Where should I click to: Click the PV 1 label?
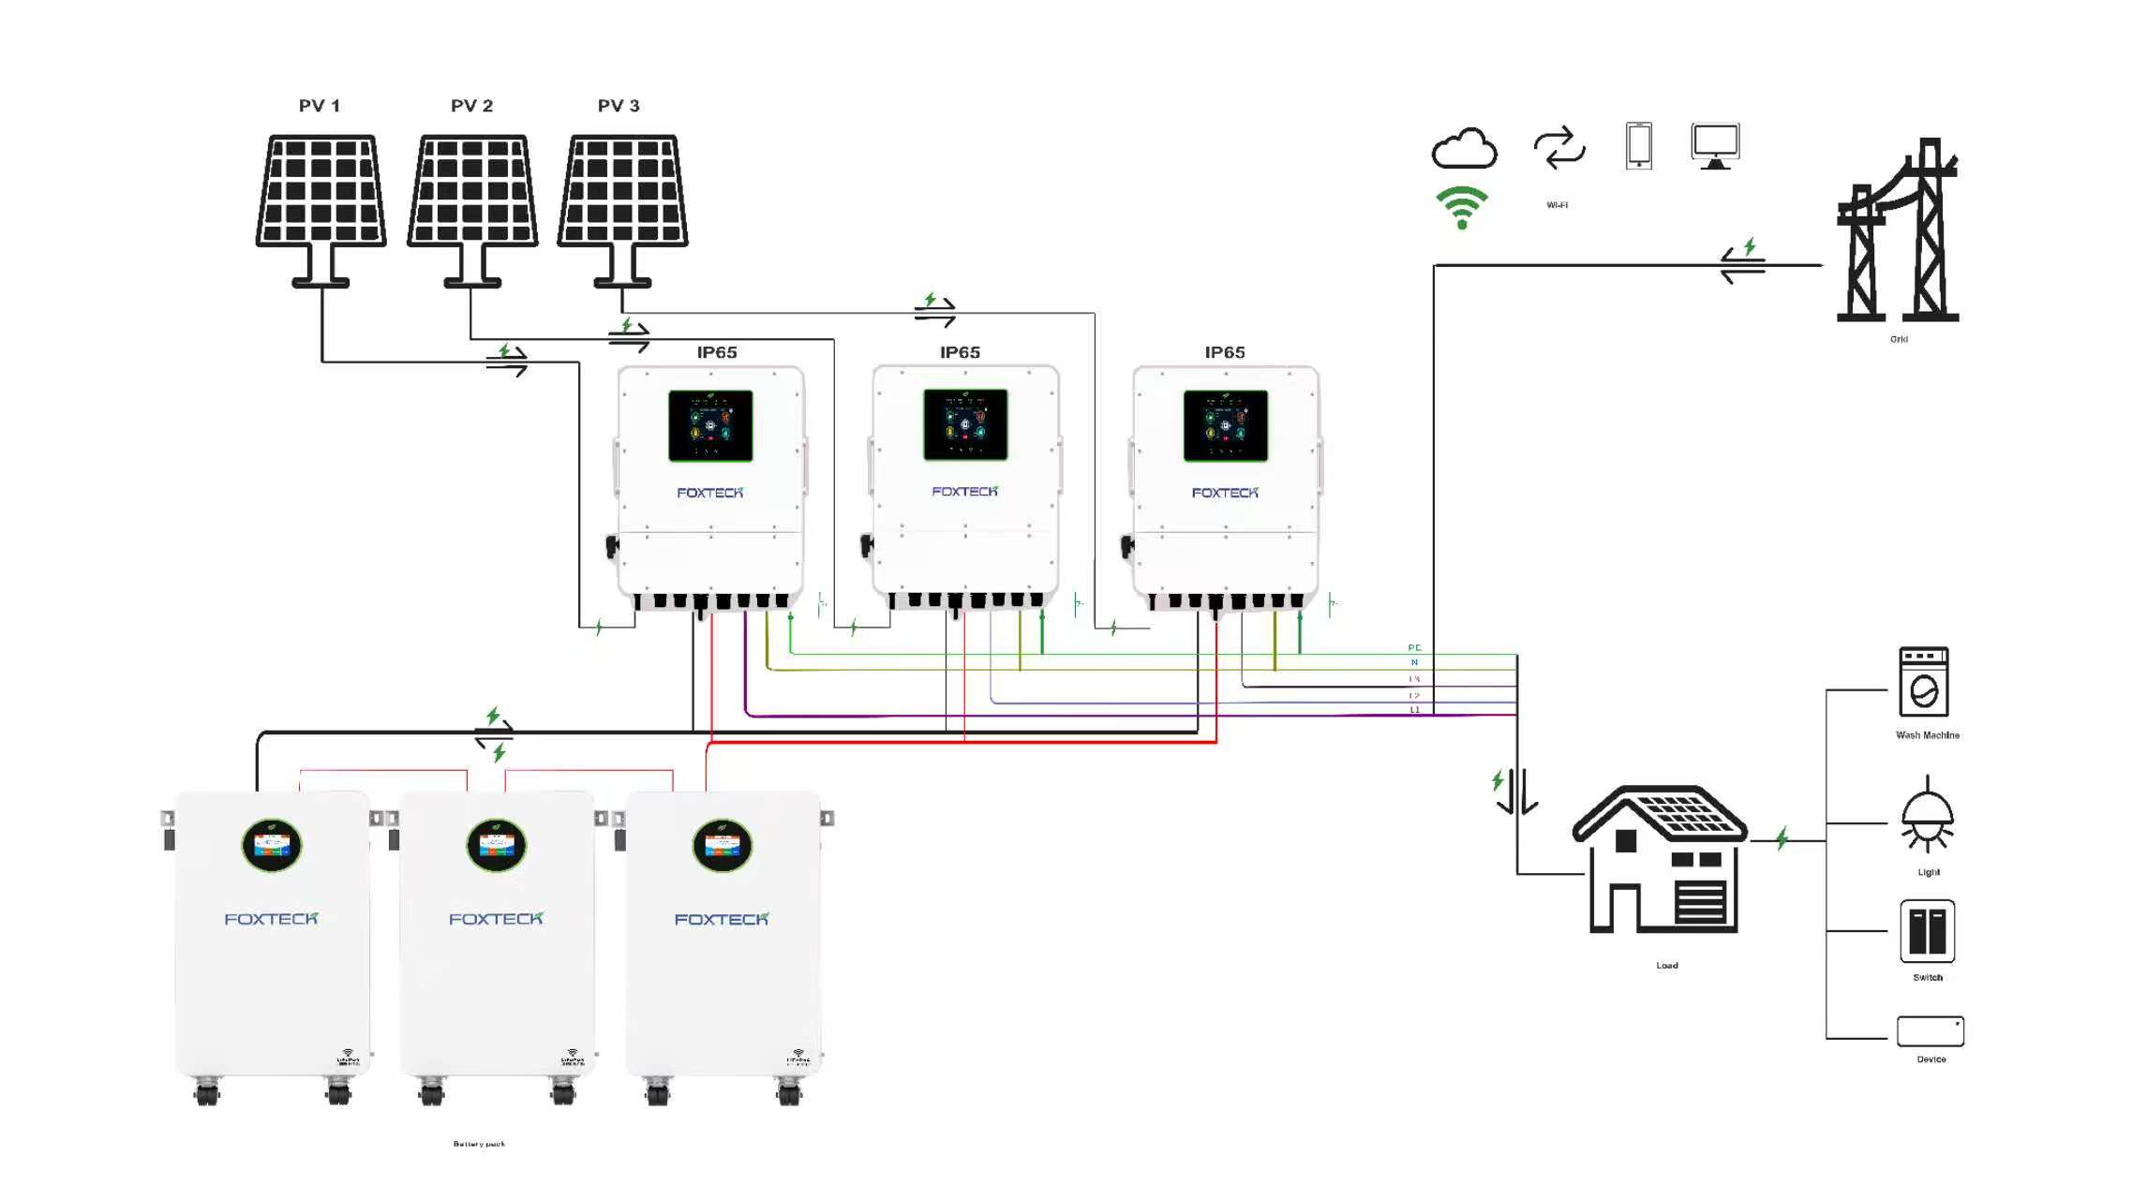click(319, 106)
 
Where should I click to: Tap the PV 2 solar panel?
click(472, 191)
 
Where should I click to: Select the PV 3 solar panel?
click(622, 191)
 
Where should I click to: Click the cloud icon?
click(1464, 149)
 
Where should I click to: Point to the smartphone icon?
click(1638, 146)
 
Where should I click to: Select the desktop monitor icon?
click(1715, 146)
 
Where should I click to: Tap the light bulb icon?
click(1927, 815)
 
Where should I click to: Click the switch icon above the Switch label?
click(1927, 931)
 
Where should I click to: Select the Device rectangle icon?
click(1930, 1031)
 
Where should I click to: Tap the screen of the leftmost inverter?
click(710, 426)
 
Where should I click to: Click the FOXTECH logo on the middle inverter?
click(964, 492)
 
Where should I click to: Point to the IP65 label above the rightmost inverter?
click(1224, 353)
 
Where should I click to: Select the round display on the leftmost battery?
click(272, 846)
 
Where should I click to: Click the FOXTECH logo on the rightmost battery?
click(721, 920)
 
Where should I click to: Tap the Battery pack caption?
click(479, 1144)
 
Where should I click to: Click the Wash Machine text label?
click(1927, 735)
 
